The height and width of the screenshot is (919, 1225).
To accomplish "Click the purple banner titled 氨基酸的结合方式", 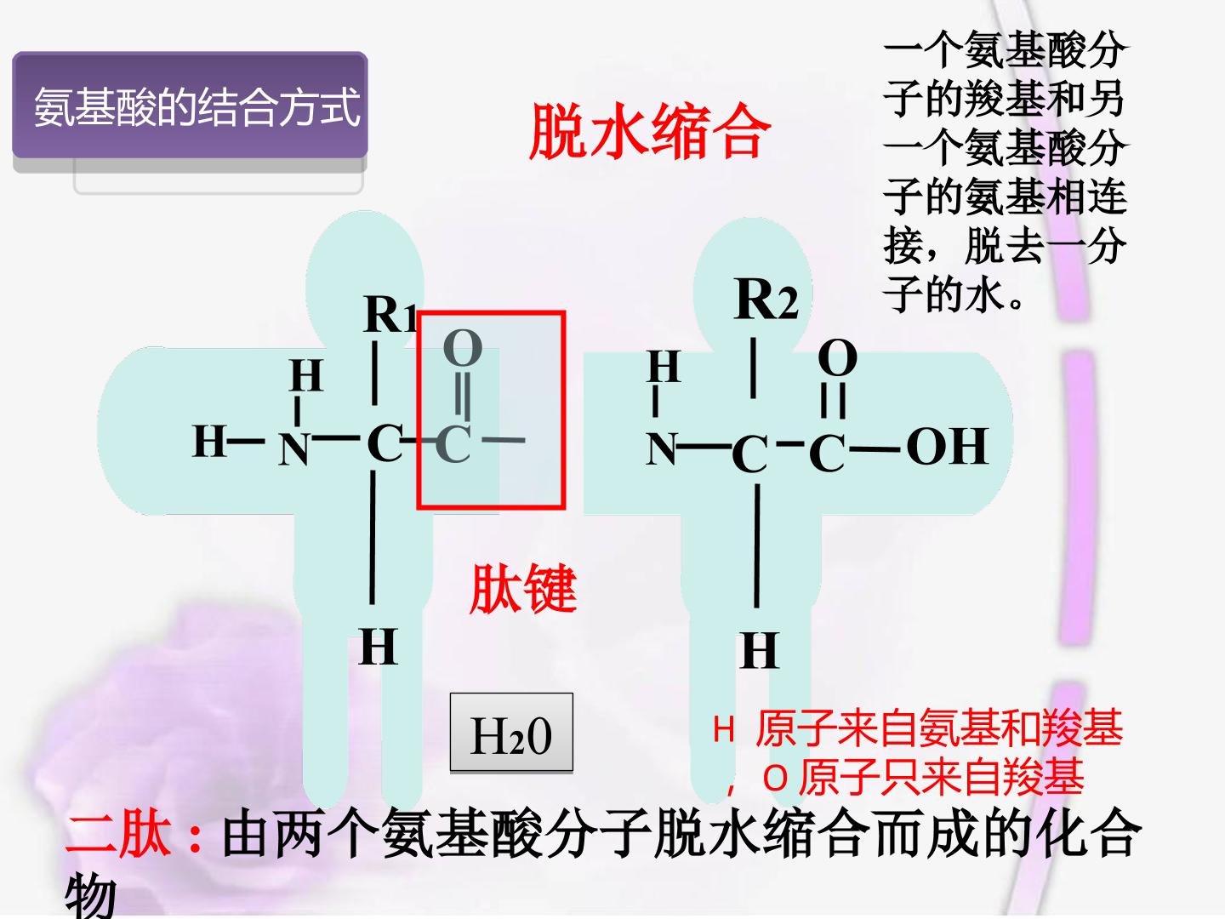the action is coord(190,105).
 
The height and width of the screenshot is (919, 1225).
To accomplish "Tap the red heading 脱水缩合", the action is coord(650,132).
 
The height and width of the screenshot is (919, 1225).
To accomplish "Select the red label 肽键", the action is coord(523,588).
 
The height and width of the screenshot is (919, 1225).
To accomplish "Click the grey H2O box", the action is coord(511,732).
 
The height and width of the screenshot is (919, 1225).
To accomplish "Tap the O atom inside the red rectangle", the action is coord(463,348).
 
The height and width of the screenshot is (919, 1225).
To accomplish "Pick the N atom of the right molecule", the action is coord(661,448).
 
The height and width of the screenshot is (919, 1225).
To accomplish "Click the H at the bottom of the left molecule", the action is coord(379,646).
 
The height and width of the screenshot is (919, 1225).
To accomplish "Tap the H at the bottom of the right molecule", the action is coord(759,650).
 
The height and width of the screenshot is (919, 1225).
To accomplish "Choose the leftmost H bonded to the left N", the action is coord(209,441).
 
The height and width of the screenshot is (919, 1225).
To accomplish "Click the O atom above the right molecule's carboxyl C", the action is coord(838,358).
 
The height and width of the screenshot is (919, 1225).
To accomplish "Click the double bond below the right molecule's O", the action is coord(833,400).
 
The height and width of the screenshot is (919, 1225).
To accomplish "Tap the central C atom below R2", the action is coord(749,454).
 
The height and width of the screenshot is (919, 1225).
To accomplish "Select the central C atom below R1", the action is coord(385,442).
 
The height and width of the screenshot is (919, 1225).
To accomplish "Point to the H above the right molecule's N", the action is coord(664,367).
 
